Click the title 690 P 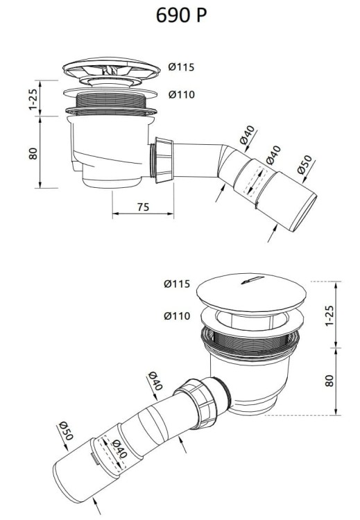180,15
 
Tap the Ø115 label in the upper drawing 181,67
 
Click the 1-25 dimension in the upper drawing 32,98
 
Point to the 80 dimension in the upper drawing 32,153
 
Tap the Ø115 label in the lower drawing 178,284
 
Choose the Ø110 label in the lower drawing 178,315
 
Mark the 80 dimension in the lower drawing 329,381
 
